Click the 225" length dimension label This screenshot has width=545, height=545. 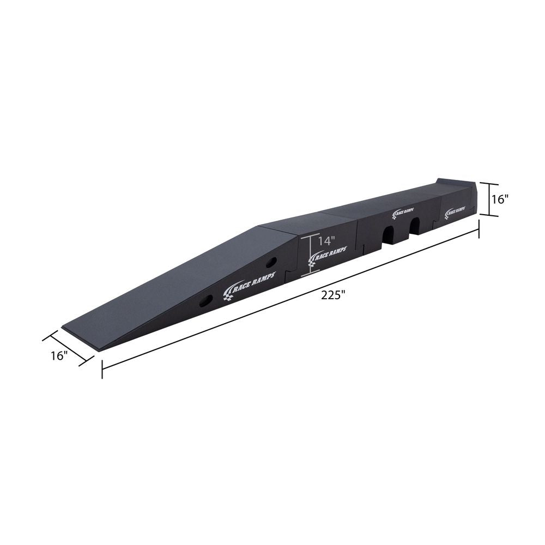334,295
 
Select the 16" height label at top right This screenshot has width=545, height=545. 500,199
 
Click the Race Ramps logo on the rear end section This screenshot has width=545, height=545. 456,211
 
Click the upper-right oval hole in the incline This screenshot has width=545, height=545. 272,263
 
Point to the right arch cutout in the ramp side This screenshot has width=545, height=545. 415,226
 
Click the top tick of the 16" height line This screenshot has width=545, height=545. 489,183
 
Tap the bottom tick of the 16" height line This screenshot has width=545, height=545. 489,215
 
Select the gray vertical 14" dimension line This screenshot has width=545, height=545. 311,253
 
